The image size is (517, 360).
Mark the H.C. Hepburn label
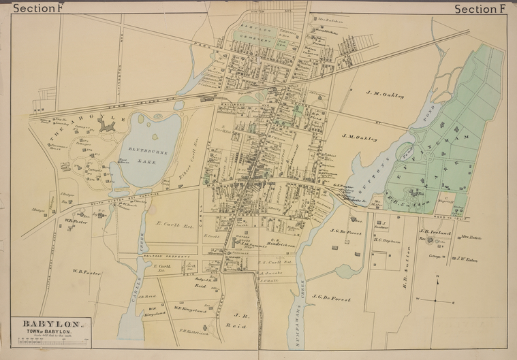click(x=386, y=240)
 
